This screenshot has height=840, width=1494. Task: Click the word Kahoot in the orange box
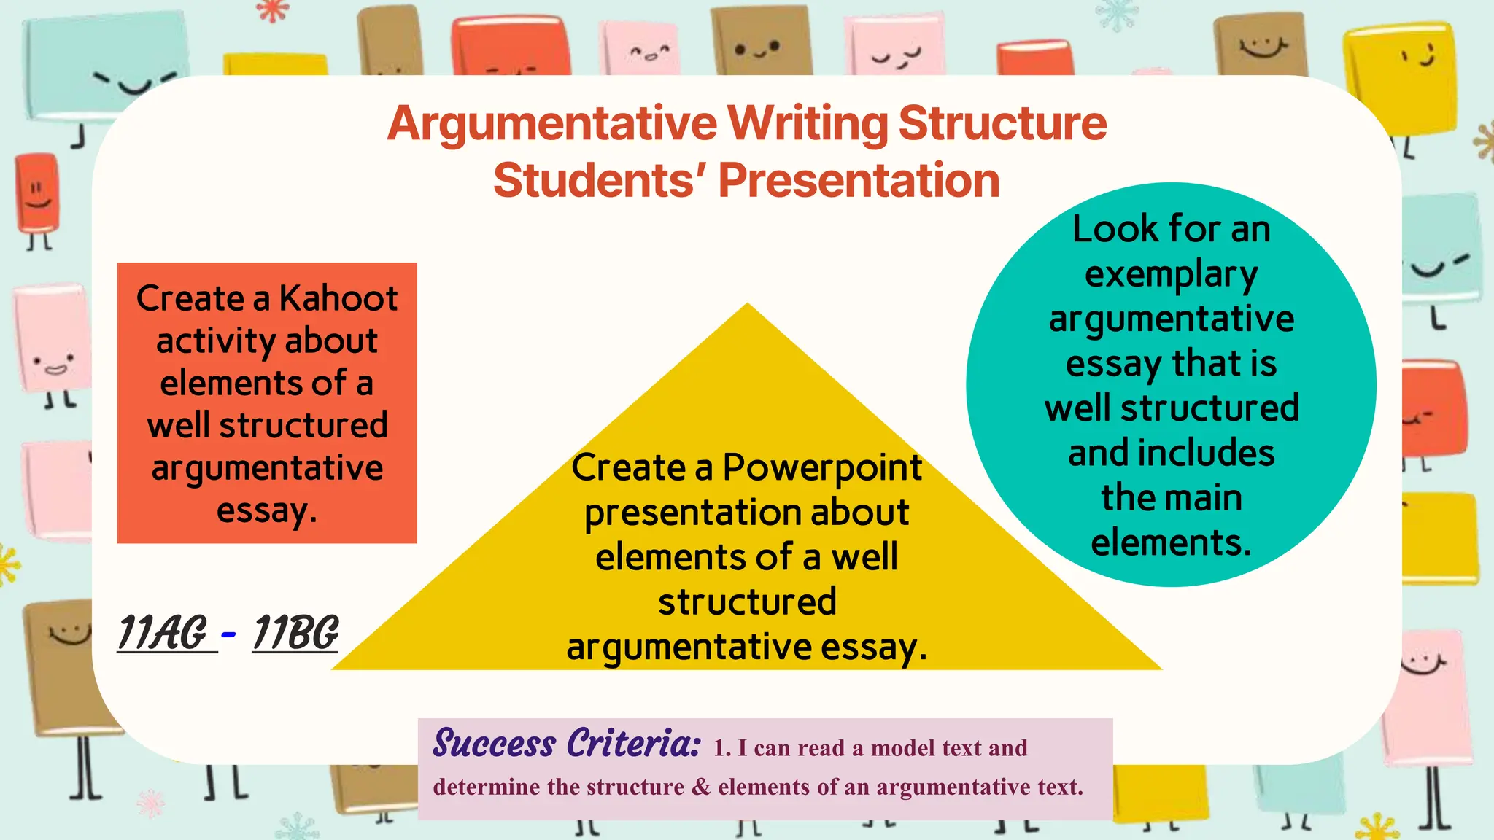point(338,298)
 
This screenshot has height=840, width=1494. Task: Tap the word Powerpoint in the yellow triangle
point(822,468)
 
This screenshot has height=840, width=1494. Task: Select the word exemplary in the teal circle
point(1171,275)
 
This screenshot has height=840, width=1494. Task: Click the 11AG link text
point(163,632)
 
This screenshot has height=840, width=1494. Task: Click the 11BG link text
point(295,632)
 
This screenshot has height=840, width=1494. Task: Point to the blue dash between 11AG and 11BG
point(228,634)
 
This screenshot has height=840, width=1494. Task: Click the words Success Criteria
point(566,744)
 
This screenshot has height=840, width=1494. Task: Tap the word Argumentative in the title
point(551,123)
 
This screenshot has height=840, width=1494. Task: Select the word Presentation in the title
point(859,180)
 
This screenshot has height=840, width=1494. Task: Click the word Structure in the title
point(1002,123)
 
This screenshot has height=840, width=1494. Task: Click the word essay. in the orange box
point(267,510)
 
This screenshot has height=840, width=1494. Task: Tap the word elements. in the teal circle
point(1171,542)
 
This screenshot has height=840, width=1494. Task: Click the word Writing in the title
point(808,123)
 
